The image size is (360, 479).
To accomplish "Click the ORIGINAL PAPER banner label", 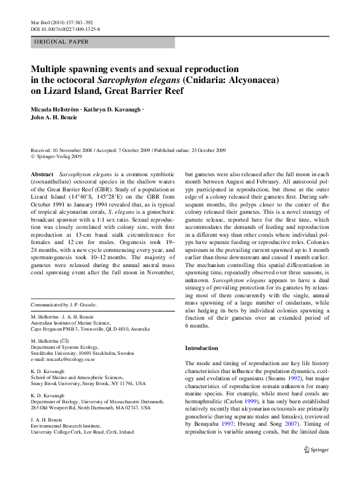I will pyautogui.click(x=61, y=42).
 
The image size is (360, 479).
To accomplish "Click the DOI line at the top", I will pyautogui.click(x=65, y=28).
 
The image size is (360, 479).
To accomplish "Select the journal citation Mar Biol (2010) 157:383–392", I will pyautogui.click(x=64, y=22).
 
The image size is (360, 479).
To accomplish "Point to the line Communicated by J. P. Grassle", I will pyautogui.click(x=63, y=304).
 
